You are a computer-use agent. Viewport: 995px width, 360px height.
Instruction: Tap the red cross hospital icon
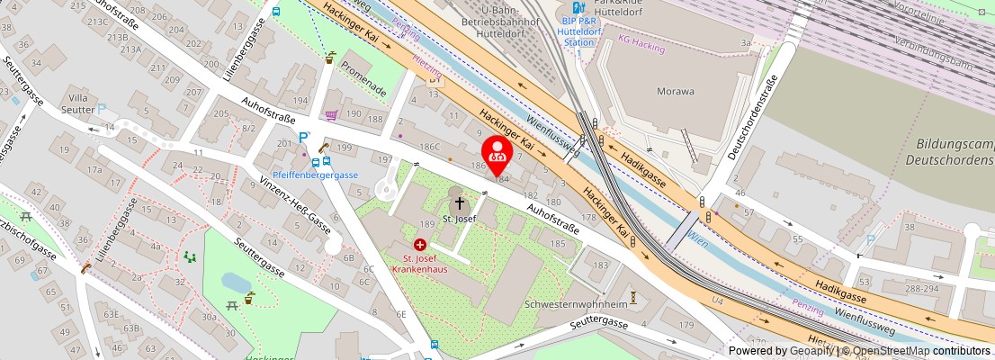point(419,244)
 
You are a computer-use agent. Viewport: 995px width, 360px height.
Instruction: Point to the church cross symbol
point(460,203)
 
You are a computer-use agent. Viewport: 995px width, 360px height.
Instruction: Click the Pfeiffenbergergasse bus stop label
point(316,175)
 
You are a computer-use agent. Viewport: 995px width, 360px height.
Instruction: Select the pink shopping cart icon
point(331,115)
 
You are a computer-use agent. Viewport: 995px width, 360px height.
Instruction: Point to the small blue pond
point(238,283)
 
